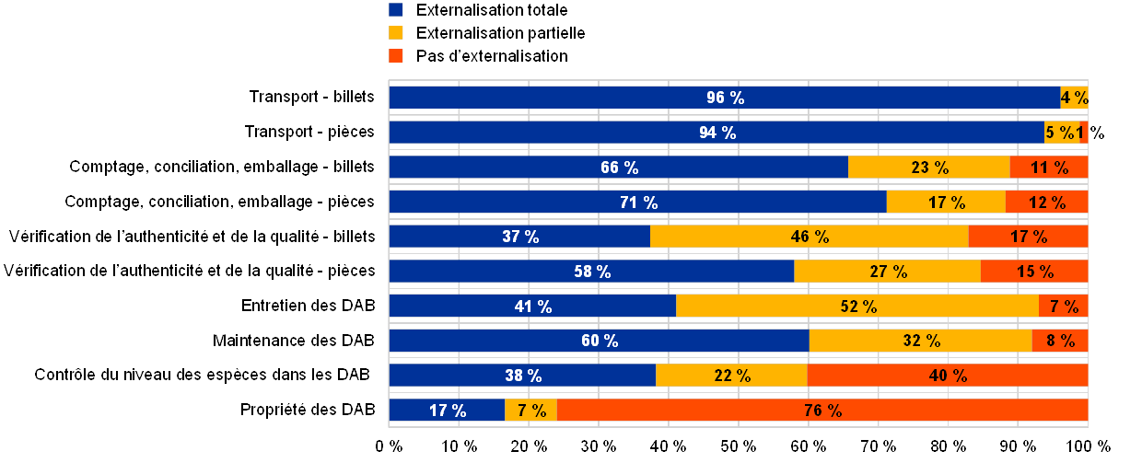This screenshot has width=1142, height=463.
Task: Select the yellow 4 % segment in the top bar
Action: (1074, 98)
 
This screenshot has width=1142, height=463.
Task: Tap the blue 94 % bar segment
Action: (717, 133)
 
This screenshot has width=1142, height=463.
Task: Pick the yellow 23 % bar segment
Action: (928, 168)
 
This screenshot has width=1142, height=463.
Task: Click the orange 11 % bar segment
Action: (1049, 168)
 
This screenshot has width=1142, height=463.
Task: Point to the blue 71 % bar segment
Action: (637, 203)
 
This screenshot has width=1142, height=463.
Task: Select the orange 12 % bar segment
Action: (1046, 203)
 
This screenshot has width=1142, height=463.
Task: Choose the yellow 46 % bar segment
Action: (809, 237)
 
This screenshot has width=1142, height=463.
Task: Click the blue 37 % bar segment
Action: (519, 237)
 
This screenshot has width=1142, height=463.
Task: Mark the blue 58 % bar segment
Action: (591, 272)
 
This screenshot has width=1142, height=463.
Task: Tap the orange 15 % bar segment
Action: (1034, 272)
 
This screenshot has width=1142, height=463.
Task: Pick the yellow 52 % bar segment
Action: (857, 307)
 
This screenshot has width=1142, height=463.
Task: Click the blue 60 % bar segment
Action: (599, 341)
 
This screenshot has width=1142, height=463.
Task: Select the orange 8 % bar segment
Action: (1059, 341)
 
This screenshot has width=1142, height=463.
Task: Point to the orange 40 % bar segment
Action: (948, 376)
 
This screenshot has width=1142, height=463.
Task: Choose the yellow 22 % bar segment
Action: (731, 376)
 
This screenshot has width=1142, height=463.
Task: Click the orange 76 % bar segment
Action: (822, 411)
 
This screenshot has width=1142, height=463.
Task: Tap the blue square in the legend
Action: (396, 10)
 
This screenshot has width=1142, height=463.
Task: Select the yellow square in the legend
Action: (396, 33)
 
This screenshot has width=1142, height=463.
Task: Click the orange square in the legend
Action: (396, 56)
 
